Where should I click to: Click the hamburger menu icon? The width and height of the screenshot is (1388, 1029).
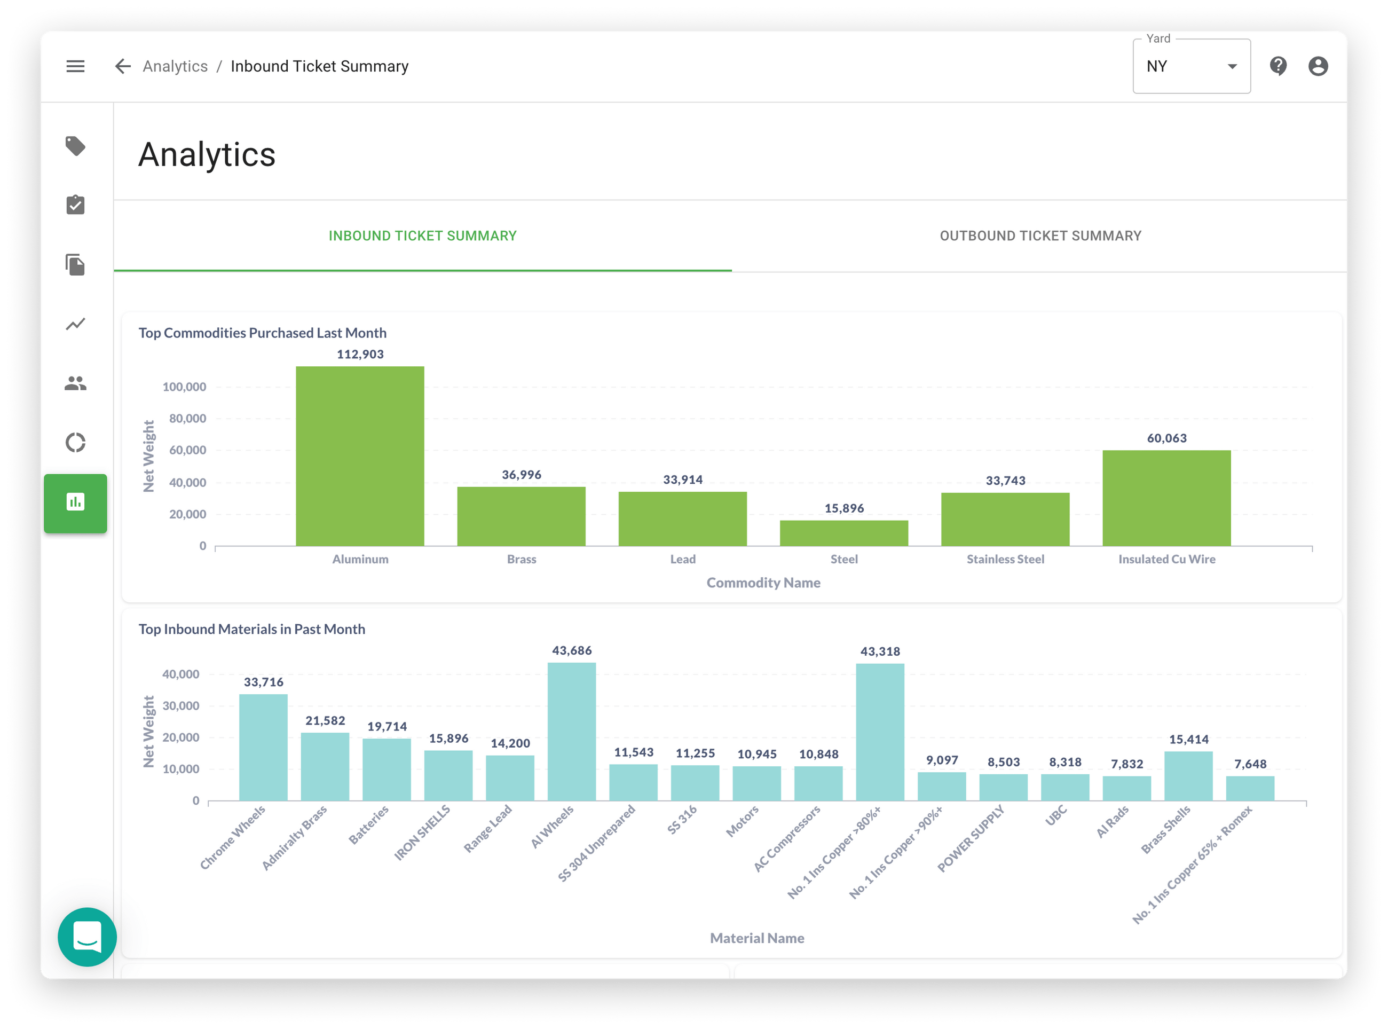pos(75,66)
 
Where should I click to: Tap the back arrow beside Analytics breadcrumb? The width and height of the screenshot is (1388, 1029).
pos(123,66)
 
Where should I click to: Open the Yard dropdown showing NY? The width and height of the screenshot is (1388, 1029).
pos(1190,67)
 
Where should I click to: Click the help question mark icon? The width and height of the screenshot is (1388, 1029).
pos(1278,65)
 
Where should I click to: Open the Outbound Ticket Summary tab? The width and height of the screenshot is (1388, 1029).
pos(1040,236)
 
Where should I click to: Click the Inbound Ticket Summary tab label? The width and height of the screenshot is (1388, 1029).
pos(422,236)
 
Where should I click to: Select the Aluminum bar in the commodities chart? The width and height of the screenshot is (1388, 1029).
pos(360,456)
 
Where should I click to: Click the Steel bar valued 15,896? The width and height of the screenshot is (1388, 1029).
pos(844,533)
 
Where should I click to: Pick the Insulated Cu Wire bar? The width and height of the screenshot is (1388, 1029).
pos(1166,498)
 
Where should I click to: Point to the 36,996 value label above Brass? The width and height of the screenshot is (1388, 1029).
pos(521,475)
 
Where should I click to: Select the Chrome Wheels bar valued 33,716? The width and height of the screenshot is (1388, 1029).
pos(263,748)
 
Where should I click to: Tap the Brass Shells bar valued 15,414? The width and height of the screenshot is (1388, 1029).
pos(1188,776)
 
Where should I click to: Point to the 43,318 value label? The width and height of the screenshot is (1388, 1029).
pos(880,651)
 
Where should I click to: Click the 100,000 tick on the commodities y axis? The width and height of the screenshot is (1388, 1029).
pos(184,387)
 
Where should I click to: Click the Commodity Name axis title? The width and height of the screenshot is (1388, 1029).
pos(763,583)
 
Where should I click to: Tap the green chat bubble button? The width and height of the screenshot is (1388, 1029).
pos(87,936)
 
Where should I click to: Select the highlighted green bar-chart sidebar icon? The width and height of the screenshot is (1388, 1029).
pos(75,502)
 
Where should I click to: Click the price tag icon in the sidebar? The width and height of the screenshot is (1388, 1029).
pos(75,146)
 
